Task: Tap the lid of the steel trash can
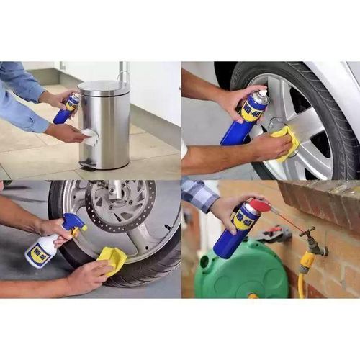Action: click(x=104, y=87)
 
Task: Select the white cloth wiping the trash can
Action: click(x=89, y=137)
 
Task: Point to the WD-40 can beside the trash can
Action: click(x=66, y=108)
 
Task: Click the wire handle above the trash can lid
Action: click(x=124, y=74)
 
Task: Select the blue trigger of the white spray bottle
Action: click(x=73, y=224)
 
